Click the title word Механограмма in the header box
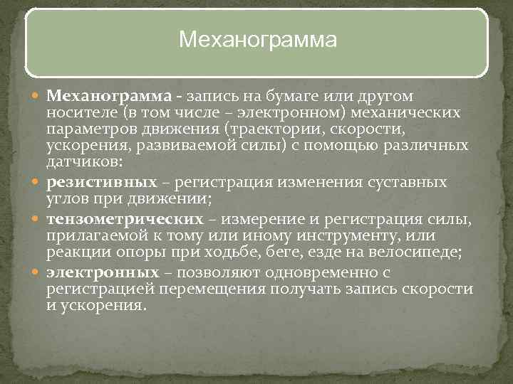tap(256, 40)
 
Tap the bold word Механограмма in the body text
tap(109, 95)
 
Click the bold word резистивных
tap(102, 183)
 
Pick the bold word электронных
tap(103, 273)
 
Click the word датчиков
tap(76, 162)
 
